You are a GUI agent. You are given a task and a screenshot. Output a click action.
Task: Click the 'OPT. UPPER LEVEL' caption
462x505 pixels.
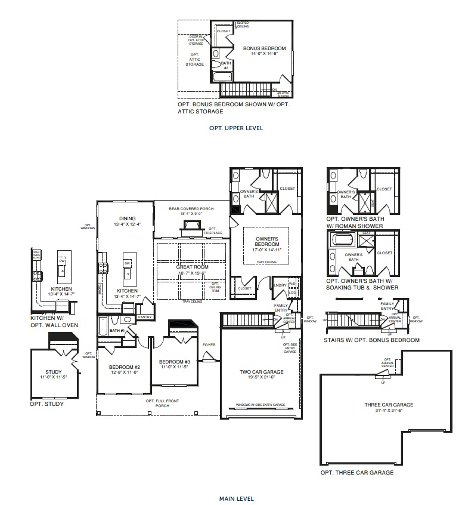point(235,128)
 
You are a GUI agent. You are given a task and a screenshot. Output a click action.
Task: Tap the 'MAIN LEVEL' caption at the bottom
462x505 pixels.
point(236,498)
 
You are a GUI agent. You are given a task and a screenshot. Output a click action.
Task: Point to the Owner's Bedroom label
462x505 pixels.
point(266,241)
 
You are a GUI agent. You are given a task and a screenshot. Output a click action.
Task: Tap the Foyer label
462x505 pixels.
point(209,344)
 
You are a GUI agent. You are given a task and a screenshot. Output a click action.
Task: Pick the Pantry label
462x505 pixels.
point(145,317)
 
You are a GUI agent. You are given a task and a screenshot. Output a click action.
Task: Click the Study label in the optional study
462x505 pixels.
point(51,374)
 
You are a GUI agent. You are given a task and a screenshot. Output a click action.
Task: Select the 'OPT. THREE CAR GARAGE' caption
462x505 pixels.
point(356,472)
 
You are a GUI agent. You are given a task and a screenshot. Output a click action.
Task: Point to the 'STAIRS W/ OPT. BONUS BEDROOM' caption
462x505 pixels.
point(372,340)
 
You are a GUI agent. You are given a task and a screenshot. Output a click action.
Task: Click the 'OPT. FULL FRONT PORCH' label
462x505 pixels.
point(159,403)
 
